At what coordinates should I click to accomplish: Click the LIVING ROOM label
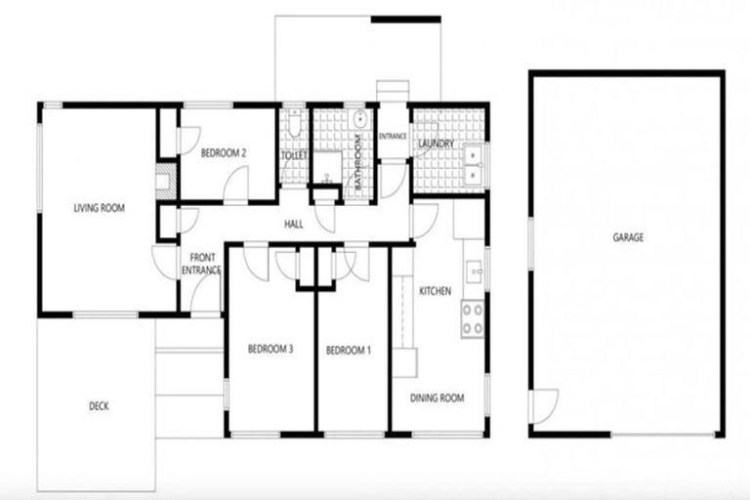[100, 207]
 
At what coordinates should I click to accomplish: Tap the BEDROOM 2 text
[223, 153]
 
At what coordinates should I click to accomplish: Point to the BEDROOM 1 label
[349, 350]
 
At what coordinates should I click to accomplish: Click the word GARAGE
[628, 237]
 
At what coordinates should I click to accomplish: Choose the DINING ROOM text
[437, 397]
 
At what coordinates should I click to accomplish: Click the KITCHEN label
[434, 291]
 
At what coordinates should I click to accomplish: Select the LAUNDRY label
[436, 145]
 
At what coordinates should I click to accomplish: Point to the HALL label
[293, 224]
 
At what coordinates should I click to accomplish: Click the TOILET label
[294, 155]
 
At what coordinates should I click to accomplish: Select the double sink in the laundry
[474, 164]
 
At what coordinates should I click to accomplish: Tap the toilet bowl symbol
[294, 127]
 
